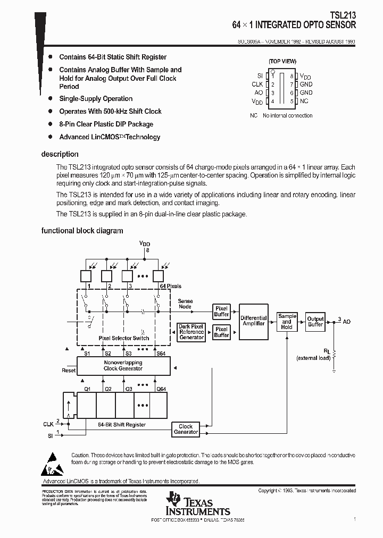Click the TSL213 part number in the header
click(344, 16)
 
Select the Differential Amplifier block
click(254, 321)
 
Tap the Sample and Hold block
click(287, 322)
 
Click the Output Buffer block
click(315, 322)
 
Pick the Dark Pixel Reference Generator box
click(191, 332)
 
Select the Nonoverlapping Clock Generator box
click(123, 365)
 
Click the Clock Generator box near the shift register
click(186, 429)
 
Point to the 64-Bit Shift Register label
click(122, 425)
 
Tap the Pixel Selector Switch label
click(124, 338)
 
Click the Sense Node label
click(185, 304)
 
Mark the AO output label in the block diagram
click(347, 322)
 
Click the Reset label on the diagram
click(69, 371)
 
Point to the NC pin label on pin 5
click(304, 101)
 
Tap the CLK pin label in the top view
click(257, 85)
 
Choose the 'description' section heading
click(60, 155)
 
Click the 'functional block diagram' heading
click(82, 231)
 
